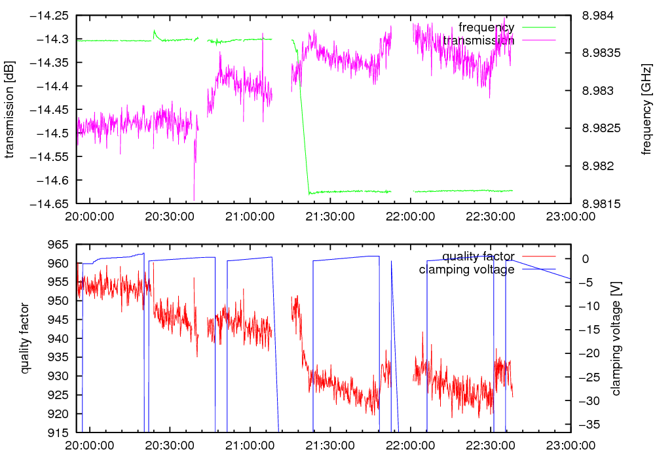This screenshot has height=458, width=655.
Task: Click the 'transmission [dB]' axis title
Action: click(10, 108)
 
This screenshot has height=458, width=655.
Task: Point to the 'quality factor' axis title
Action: click(24, 338)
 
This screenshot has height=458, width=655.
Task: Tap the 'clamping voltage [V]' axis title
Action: click(615, 338)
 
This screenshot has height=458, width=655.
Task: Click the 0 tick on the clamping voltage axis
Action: click(586, 259)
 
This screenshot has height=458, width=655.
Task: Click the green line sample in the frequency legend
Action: click(538, 27)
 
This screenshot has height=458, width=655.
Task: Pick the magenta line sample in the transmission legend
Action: click(538, 41)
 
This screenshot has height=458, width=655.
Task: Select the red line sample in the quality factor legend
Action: click(538, 256)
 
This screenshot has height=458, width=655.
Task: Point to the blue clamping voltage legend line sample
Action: click(538, 270)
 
